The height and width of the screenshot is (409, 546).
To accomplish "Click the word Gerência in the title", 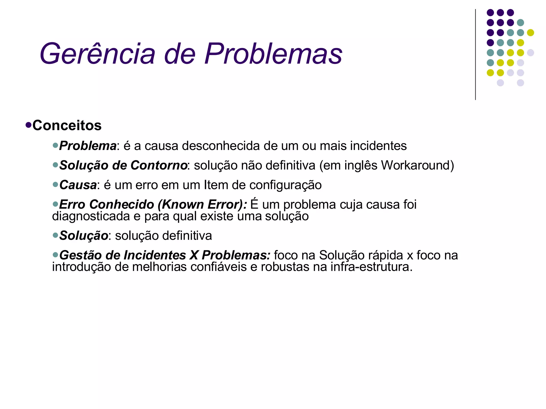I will pos(97,54).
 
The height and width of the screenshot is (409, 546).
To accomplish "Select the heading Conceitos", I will pos(67,125).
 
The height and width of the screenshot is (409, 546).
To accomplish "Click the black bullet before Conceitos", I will pos(29,125).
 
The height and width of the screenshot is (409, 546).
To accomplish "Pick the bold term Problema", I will pos(88,146).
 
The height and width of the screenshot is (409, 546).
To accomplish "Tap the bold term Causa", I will pos(78,185).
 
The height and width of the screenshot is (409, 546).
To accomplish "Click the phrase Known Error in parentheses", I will pos(202,204).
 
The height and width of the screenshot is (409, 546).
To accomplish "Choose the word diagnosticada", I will pos(91,216).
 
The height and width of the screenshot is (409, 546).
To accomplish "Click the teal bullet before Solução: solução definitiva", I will pos(55,235).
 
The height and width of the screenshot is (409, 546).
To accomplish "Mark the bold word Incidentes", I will pos(155,255).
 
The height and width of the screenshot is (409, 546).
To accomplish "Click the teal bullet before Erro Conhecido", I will pos(55,204).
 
